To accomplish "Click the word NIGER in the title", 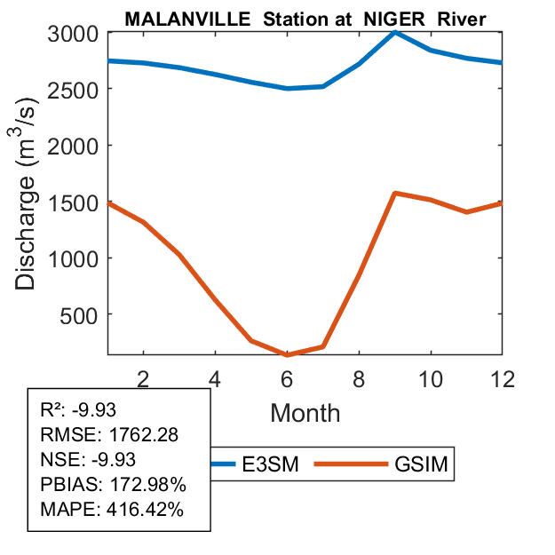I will point(389,18).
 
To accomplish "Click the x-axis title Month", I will point(305,412).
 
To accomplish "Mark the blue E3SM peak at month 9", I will point(394,32).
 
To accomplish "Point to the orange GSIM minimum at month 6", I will point(287,354).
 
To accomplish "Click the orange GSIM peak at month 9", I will point(394,193).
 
